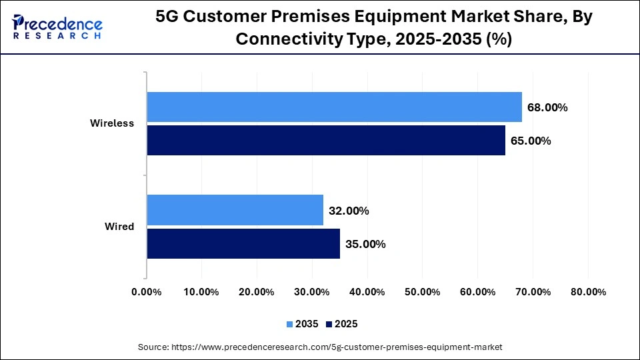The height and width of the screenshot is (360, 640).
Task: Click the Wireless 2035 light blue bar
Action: (x=334, y=107)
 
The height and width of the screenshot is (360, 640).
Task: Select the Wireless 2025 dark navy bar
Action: (x=326, y=141)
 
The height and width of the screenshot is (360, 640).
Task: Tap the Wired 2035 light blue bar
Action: (x=235, y=211)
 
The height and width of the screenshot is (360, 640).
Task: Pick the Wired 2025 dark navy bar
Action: (x=243, y=244)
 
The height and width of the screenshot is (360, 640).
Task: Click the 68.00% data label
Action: (x=547, y=107)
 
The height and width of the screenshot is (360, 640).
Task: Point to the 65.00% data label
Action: (x=531, y=141)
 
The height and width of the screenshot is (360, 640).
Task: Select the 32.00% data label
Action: (x=349, y=211)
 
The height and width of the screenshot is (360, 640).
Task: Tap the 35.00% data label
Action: (x=365, y=244)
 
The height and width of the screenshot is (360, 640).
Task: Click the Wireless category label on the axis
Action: (x=112, y=123)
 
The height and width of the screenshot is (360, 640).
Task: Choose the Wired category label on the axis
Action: (x=119, y=227)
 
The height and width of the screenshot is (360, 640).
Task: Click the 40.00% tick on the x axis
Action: (x=367, y=292)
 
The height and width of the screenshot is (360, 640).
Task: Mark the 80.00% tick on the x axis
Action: (x=587, y=292)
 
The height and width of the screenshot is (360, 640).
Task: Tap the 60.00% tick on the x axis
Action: (x=477, y=292)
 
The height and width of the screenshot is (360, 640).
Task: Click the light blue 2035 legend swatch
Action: (x=290, y=324)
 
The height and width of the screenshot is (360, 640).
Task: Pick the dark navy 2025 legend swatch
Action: (x=329, y=324)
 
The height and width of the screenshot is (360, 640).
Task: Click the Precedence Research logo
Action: (x=57, y=27)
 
